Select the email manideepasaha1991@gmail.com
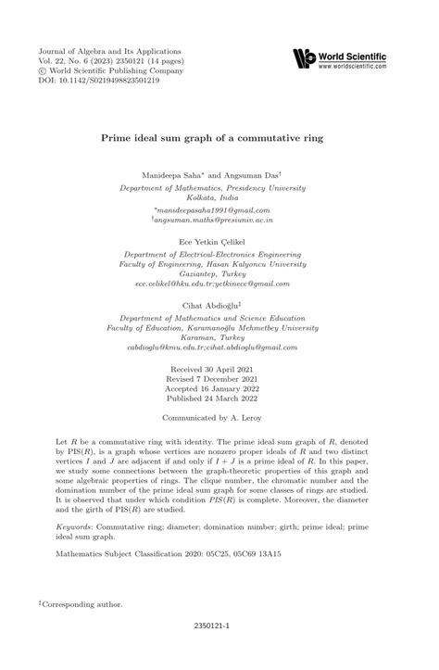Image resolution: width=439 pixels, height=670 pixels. click(x=219, y=210)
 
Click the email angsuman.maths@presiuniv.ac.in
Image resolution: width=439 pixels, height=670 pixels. click(x=219, y=221)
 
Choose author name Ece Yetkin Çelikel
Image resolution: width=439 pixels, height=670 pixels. click(x=219, y=241)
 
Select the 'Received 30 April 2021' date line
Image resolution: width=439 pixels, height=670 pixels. click(x=219, y=396)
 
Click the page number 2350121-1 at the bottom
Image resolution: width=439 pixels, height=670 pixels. click(x=219, y=652)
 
